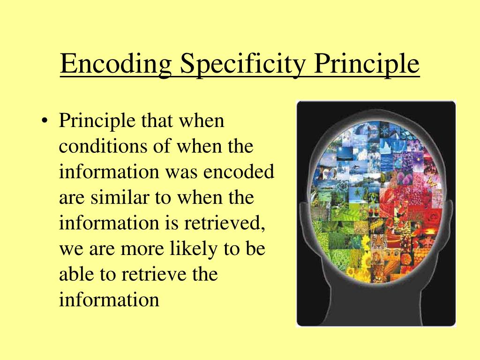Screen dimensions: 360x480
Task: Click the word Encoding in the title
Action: (x=116, y=65)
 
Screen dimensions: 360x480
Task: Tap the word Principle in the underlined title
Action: (x=367, y=65)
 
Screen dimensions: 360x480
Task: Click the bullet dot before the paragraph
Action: (x=45, y=122)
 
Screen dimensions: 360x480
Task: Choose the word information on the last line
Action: (x=109, y=299)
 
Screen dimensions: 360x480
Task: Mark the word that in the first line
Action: (x=155, y=121)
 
